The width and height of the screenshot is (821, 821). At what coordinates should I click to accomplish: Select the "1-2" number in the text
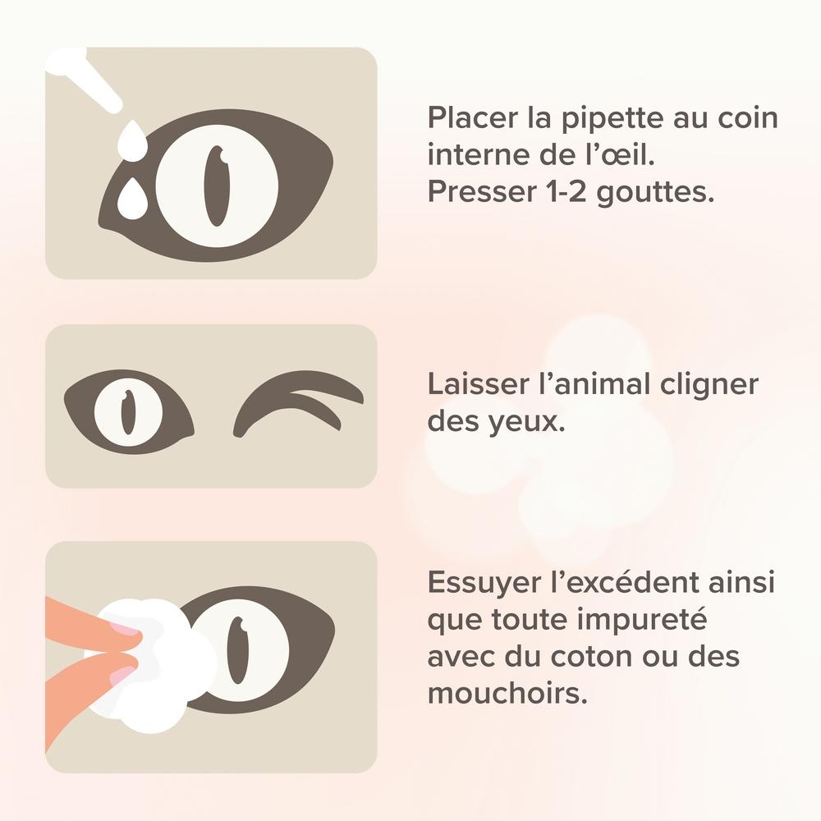click(x=561, y=191)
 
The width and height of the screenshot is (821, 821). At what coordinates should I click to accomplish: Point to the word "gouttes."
click(x=655, y=193)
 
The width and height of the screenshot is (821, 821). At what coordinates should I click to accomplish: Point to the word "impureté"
click(x=642, y=621)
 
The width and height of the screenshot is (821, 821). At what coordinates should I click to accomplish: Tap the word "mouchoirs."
click(x=507, y=693)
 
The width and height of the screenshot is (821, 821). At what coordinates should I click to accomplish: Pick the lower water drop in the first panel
click(x=131, y=198)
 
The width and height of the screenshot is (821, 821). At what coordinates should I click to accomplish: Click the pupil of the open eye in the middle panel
click(x=128, y=412)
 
